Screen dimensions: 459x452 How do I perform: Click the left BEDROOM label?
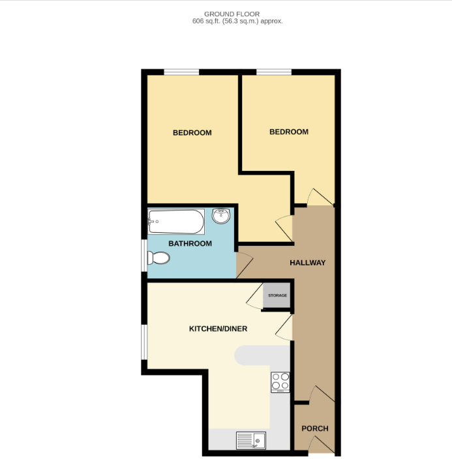(x=192, y=133)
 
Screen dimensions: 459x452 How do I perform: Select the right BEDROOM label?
(x=288, y=132)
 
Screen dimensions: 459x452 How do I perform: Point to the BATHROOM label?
(x=190, y=244)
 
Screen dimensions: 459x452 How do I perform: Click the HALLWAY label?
(x=307, y=263)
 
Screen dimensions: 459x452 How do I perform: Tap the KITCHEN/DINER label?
(x=218, y=329)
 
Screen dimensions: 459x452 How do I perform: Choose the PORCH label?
(x=314, y=428)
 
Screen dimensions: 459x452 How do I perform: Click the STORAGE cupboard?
(x=277, y=296)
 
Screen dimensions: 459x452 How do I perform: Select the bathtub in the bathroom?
(x=176, y=222)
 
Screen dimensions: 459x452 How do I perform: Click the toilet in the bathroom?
(x=158, y=259)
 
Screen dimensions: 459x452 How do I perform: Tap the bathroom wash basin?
(x=220, y=216)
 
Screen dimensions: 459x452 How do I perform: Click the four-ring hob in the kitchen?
(x=280, y=381)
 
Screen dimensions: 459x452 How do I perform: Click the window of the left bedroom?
(x=181, y=72)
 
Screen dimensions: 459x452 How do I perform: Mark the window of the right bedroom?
(x=273, y=72)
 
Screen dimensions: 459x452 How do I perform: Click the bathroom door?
(x=244, y=263)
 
